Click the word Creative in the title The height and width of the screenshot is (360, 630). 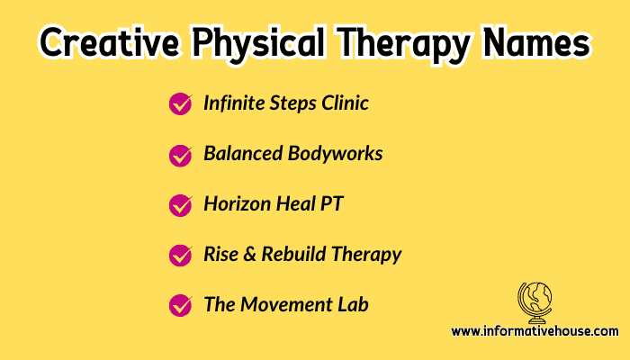(109, 42)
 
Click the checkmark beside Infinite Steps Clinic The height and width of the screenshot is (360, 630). (180, 103)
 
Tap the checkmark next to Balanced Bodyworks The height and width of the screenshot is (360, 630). (180, 156)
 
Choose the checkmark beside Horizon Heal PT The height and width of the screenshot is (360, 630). (180, 205)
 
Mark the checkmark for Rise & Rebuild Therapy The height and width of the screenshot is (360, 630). (180, 255)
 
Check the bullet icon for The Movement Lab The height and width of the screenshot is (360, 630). (180, 305)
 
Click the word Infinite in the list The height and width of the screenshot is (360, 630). (234, 103)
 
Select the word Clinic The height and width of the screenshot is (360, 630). (345, 103)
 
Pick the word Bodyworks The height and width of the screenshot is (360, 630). (335, 154)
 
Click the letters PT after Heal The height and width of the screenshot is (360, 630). (331, 203)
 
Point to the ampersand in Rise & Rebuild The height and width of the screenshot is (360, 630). (249, 255)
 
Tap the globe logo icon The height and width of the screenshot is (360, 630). (535, 303)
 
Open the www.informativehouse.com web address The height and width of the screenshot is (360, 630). (535, 331)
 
